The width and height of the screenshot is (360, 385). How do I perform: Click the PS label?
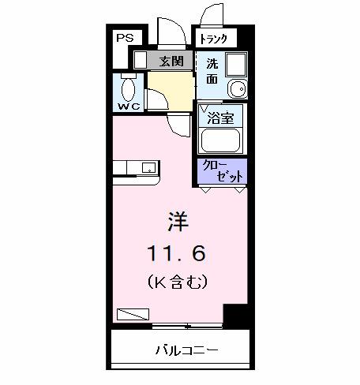pos(125,37)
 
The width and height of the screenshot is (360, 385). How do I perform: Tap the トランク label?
pos(213,39)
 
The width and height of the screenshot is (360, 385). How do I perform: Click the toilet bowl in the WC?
pos(129,85)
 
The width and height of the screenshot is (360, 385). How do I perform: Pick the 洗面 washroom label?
pos(212,71)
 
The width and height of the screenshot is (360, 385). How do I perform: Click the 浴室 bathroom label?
pos(219,118)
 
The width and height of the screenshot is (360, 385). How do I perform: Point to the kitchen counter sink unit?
pos(137,167)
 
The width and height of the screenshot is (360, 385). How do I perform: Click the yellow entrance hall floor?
pos(170,87)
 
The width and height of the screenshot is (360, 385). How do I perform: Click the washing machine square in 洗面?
pos(234,64)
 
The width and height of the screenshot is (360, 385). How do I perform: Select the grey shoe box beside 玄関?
pos(140,61)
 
